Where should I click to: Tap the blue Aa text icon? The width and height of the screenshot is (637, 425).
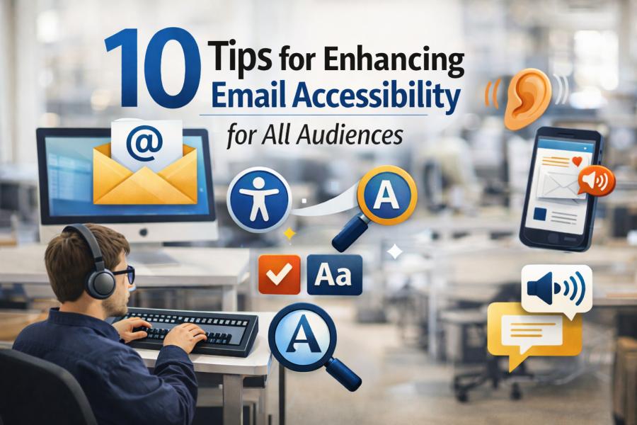tap(334, 274)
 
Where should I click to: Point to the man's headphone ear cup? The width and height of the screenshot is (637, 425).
tap(101, 281)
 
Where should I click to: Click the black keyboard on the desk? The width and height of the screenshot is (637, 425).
tap(193, 327)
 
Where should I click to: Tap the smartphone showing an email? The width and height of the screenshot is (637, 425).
tap(559, 188)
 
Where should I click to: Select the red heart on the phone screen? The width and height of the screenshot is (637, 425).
tap(577, 161)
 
